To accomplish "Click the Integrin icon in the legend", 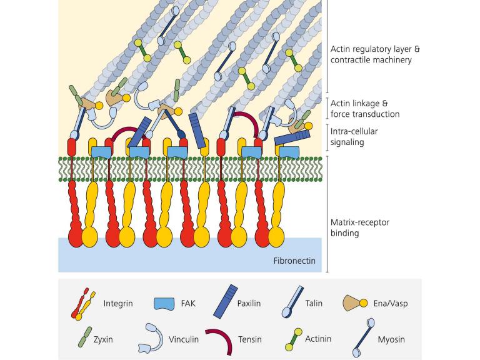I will click(x=84, y=304).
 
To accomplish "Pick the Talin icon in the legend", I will click(x=292, y=302).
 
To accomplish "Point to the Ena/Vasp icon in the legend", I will click(x=354, y=304).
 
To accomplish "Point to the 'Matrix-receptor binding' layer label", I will click(x=359, y=228).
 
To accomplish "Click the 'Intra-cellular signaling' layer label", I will click(x=354, y=137).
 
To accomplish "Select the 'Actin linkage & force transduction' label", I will click(x=364, y=109).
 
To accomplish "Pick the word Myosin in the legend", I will click(x=391, y=339).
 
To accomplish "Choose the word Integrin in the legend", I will click(x=118, y=304).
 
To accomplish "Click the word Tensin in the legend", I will click(x=250, y=339).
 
